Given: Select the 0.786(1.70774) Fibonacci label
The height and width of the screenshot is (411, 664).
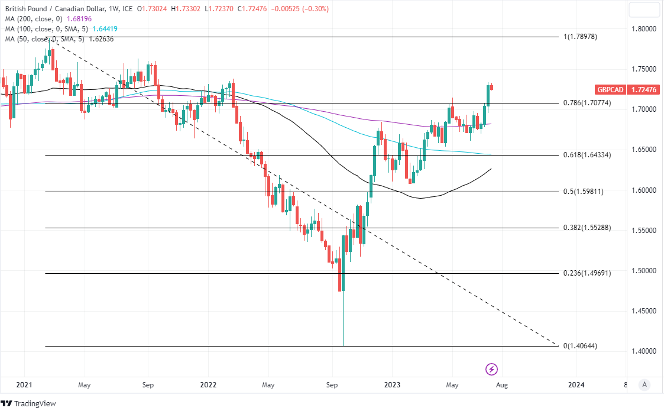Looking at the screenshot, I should [588, 103].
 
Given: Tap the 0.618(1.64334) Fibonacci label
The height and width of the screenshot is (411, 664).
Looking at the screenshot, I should [587, 155].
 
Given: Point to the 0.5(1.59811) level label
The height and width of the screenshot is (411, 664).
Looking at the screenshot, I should [584, 192].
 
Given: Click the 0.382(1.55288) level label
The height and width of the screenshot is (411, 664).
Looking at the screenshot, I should [587, 228].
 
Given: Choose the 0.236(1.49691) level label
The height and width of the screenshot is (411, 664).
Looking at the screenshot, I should [587, 273].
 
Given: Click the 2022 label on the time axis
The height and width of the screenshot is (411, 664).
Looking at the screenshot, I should [208, 385].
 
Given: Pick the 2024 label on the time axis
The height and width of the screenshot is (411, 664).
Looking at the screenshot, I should [576, 385].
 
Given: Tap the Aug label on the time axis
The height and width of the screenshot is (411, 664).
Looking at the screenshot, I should [501, 385].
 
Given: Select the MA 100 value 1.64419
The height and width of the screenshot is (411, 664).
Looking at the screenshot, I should [107, 29].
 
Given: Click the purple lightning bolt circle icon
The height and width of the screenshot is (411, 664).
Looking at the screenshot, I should [492, 370].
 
